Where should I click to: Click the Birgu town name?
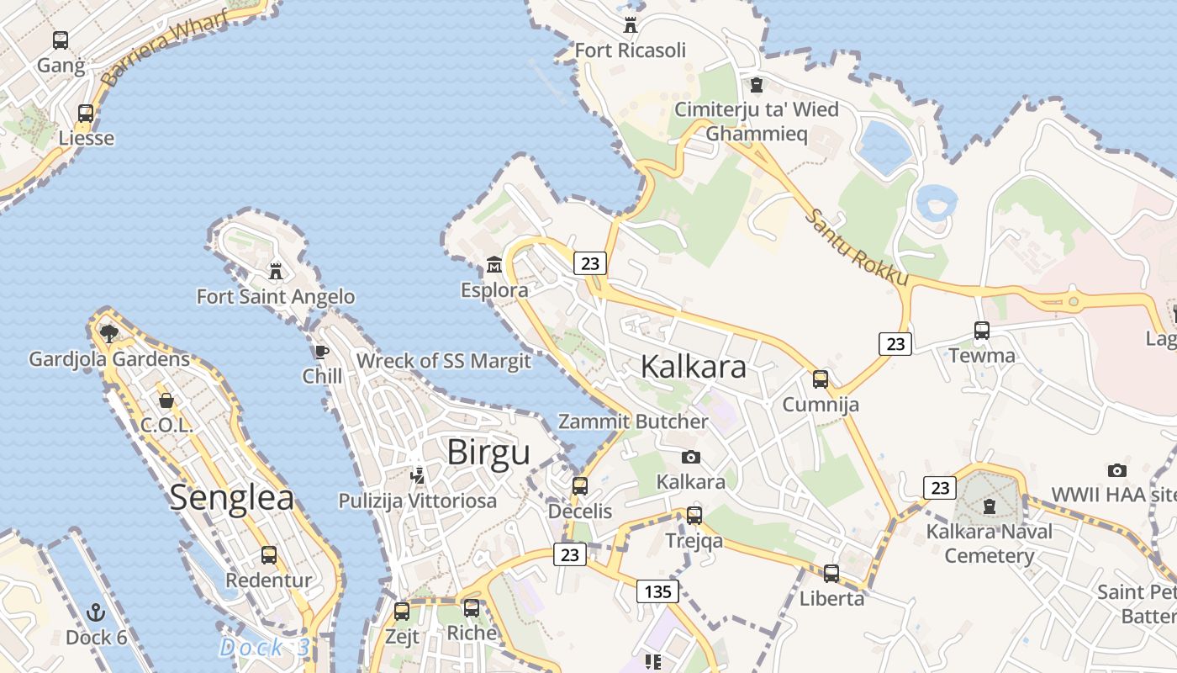pos(488,453)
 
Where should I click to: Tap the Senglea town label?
pos(232,497)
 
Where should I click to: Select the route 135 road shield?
pos(657,591)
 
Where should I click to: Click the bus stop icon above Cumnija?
pos(821,379)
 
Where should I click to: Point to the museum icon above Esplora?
pos(493,266)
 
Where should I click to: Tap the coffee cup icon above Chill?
pos(321,352)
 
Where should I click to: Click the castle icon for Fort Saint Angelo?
pos(275,271)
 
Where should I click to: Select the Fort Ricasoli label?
pos(630,50)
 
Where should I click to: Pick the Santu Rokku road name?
pos(857,246)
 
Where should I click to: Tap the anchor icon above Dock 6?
pos(96,612)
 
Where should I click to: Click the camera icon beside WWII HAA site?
pos(1116,470)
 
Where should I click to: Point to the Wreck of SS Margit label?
pos(443,361)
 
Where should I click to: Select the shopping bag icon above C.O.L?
pos(166,400)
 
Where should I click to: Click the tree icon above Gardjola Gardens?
pos(108,333)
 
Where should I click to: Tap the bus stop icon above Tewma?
pos(981,330)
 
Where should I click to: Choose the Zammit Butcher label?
pos(633,421)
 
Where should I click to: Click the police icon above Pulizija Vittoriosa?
pos(417,475)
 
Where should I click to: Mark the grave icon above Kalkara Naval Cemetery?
pos(990,506)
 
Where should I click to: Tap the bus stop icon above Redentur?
pos(269,555)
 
